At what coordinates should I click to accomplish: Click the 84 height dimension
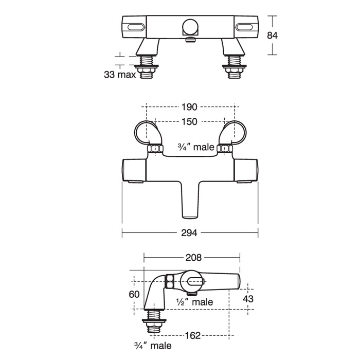coord(272,35)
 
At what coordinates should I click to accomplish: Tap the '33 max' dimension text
coord(120,75)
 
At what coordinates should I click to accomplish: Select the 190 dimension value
coord(189,107)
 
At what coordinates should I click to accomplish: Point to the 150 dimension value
coord(189,122)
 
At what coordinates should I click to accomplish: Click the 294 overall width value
coord(189,233)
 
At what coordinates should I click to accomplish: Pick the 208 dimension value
coord(193,258)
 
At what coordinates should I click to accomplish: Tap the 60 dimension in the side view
coord(134,294)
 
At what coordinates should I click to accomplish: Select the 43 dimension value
coord(248,299)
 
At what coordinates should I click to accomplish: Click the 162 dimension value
coord(193,336)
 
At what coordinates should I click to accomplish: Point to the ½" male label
coord(194,302)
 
